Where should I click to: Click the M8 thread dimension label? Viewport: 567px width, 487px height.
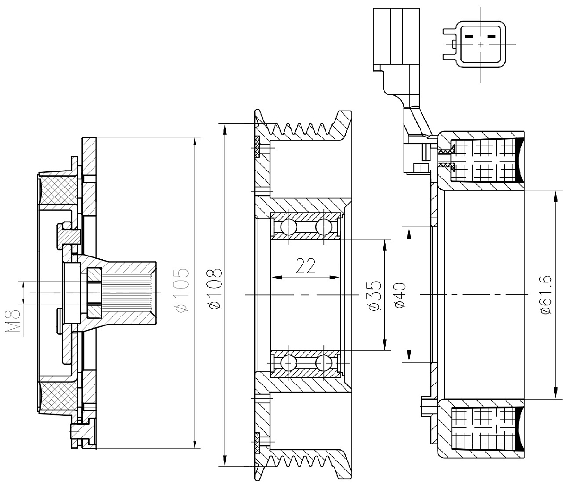(15, 322)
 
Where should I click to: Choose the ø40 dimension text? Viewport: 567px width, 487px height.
(400, 295)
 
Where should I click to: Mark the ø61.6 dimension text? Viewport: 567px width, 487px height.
(547, 295)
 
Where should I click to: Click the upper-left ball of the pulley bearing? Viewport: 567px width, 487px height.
(288, 227)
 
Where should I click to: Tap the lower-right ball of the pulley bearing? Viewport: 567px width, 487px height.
(324, 363)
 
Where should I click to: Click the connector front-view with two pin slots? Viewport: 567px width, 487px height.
(481, 43)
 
